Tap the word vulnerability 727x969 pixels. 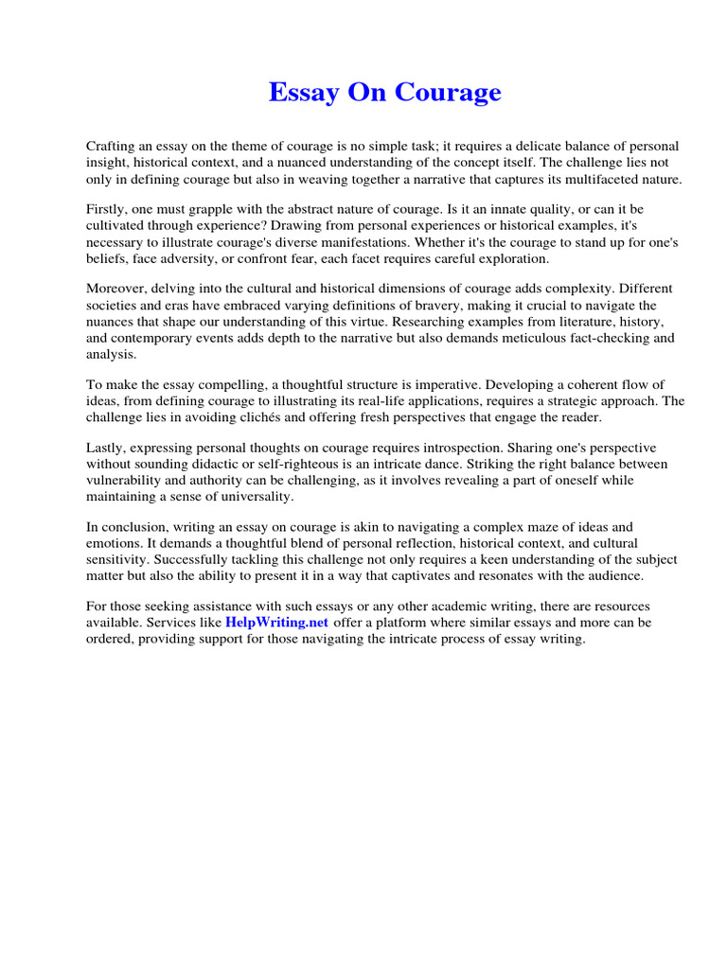[124, 481]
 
